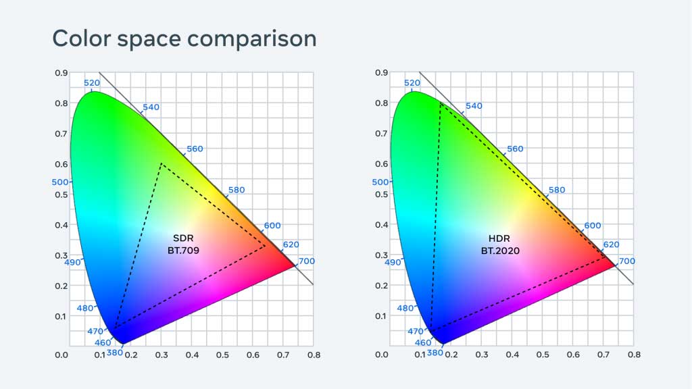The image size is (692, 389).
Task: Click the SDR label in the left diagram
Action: click(x=183, y=239)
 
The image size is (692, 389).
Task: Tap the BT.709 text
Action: click(x=183, y=251)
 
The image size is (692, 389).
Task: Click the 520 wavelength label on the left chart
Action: click(x=91, y=83)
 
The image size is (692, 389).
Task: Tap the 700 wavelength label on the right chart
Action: click(x=626, y=261)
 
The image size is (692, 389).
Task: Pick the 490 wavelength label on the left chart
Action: click(x=72, y=262)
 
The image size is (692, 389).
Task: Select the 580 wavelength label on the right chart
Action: click(x=556, y=190)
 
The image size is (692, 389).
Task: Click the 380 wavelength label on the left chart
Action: click(x=115, y=352)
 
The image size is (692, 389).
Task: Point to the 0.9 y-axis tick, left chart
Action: click(x=61, y=73)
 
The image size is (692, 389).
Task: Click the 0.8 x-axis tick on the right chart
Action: click(x=634, y=354)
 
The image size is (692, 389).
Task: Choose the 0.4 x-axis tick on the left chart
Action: click(x=192, y=354)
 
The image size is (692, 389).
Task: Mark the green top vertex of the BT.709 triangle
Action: click(x=161, y=163)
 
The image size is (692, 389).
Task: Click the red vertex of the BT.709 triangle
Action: click(x=265, y=246)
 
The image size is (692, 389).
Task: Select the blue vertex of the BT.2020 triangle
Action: click(x=430, y=331)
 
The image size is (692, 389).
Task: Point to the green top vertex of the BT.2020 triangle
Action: click(x=440, y=103)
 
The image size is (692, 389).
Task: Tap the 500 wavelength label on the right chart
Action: click(x=380, y=182)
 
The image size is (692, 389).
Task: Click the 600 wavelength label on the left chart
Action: click(x=272, y=226)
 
